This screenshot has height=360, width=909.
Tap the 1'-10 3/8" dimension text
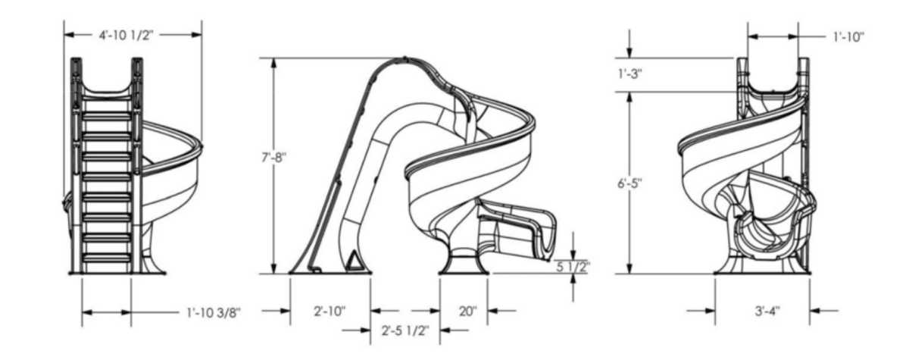pos(214,311)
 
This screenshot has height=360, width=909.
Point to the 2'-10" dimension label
pos(330,311)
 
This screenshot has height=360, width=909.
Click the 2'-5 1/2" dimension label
pos(405,330)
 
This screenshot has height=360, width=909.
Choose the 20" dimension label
pos(467,311)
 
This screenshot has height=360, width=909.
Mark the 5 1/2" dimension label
pos(573,266)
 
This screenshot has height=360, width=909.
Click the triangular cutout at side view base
pos(353,262)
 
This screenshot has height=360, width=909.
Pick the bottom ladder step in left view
pos(106,258)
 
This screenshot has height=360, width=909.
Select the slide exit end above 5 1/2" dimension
pos(549,235)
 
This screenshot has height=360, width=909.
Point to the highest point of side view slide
pos(407,58)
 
